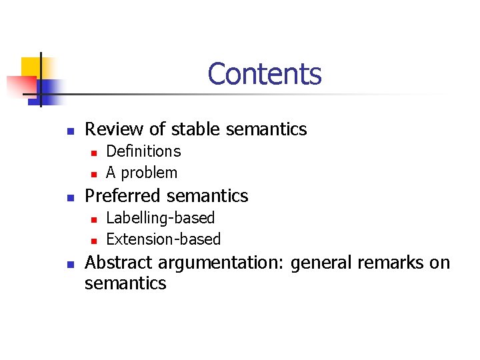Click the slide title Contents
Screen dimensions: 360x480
(x=264, y=74)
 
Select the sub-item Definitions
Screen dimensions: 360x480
(x=143, y=151)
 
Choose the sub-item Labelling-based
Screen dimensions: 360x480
(x=161, y=218)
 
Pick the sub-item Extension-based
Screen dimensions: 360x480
(x=163, y=239)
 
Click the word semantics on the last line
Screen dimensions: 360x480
(x=125, y=283)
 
